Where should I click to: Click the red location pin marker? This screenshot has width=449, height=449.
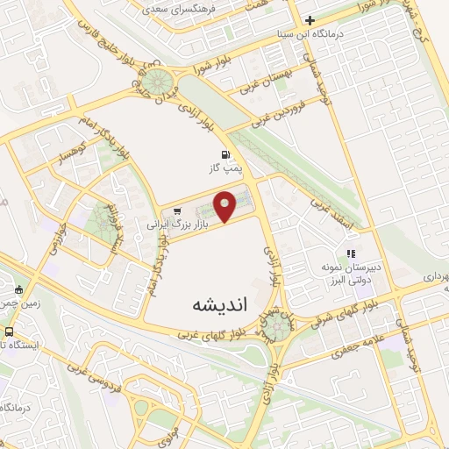coord(226,205)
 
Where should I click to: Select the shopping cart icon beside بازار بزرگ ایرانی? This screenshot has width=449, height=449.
coord(177,210)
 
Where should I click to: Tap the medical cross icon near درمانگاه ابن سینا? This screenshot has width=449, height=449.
coord(310,19)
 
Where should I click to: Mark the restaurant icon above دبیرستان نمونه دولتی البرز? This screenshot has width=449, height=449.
coord(351,254)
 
